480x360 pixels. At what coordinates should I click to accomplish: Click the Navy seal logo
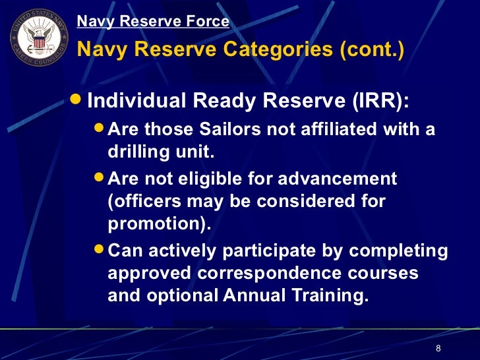[38, 38]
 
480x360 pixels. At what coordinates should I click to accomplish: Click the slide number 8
[438, 349]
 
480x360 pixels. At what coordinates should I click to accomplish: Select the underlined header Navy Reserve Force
[153, 22]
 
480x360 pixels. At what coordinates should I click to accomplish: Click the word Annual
[253, 296]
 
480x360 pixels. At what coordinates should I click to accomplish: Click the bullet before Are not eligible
[98, 178]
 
